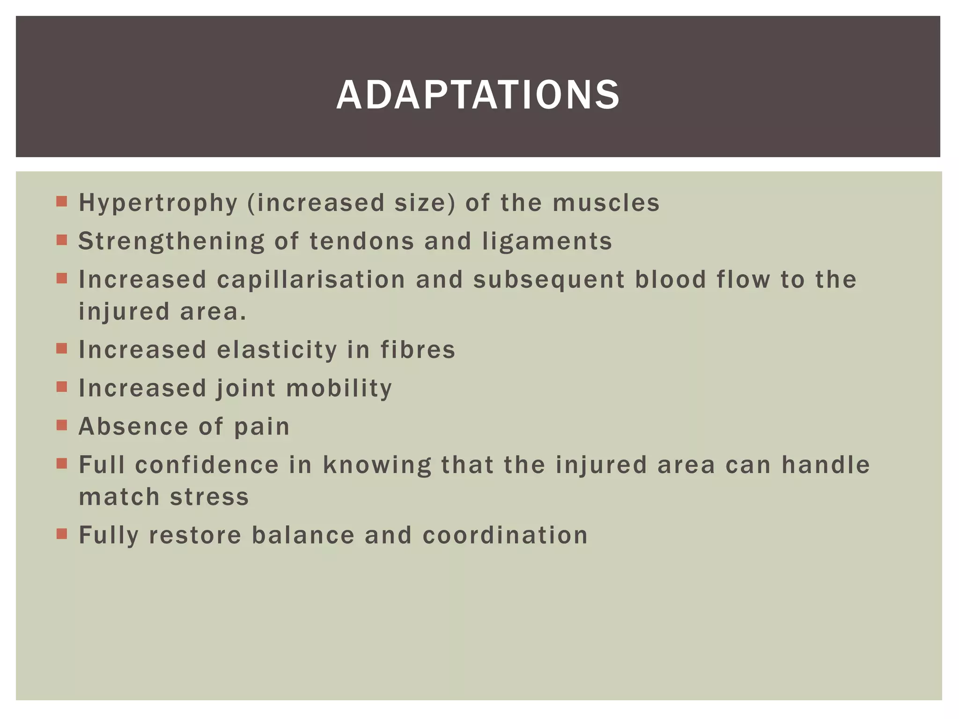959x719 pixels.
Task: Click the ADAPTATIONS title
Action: pos(478,95)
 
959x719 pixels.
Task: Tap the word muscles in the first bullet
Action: pos(606,203)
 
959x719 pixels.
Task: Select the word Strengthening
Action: pos(171,242)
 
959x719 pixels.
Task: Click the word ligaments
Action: pos(547,242)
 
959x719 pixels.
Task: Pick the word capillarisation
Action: pos(311,280)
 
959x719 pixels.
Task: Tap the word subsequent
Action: pos(549,280)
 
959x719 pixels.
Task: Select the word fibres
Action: pos(418,350)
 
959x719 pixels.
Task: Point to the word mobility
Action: pos(339,389)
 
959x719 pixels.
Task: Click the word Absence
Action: pos(133,427)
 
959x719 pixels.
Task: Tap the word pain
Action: pos(262,427)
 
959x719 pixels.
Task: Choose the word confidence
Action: pos(207,465)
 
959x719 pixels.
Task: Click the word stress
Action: pos(209,497)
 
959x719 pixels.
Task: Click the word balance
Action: pos(303,536)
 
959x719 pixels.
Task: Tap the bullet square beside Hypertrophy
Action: pos(62,202)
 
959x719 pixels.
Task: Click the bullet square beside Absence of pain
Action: pos(62,425)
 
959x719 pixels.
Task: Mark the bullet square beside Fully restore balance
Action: pos(62,534)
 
